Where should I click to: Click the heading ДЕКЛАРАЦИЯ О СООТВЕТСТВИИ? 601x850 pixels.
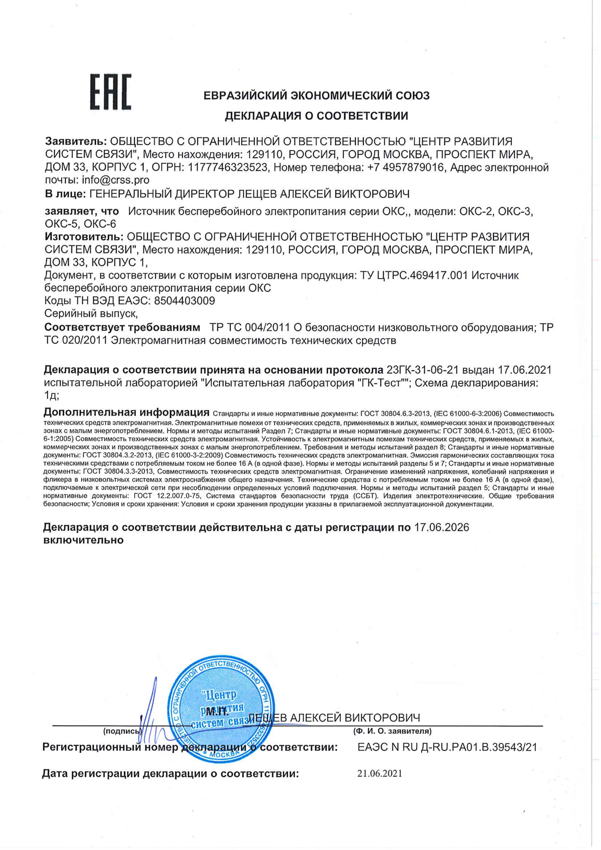(316, 116)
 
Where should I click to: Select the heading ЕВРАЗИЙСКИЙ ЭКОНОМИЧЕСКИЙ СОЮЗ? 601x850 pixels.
(316, 95)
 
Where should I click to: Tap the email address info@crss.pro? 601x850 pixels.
(116, 180)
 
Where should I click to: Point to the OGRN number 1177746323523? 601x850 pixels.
(228, 167)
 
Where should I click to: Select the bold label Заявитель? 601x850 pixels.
(76, 141)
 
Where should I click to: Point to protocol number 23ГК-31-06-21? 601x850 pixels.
(422, 369)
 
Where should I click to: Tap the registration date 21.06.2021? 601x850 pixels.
(379, 773)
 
